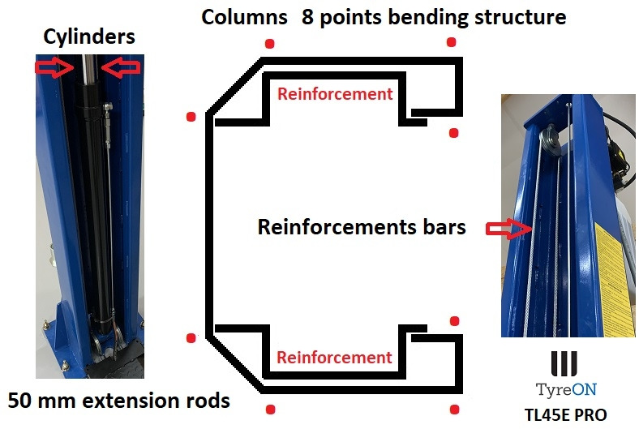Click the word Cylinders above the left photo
pyautogui.click(x=90, y=36)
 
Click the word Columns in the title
pyautogui.click(x=244, y=17)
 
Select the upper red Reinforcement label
pyautogui.click(x=335, y=94)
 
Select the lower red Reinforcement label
pyautogui.click(x=335, y=358)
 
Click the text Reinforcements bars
pyautogui.click(x=362, y=227)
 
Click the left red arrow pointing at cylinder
pyautogui.click(x=49, y=67)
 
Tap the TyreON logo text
pyautogui.click(x=564, y=387)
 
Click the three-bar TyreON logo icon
pyautogui.click(x=564, y=361)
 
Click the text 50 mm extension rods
pyautogui.click(x=118, y=401)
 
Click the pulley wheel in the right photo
pyautogui.click(x=552, y=139)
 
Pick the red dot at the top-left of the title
pyautogui.click(x=270, y=44)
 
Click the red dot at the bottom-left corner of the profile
pyautogui.click(x=191, y=338)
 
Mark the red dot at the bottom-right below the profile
pyautogui.click(x=454, y=410)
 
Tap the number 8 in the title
pyautogui.click(x=309, y=17)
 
